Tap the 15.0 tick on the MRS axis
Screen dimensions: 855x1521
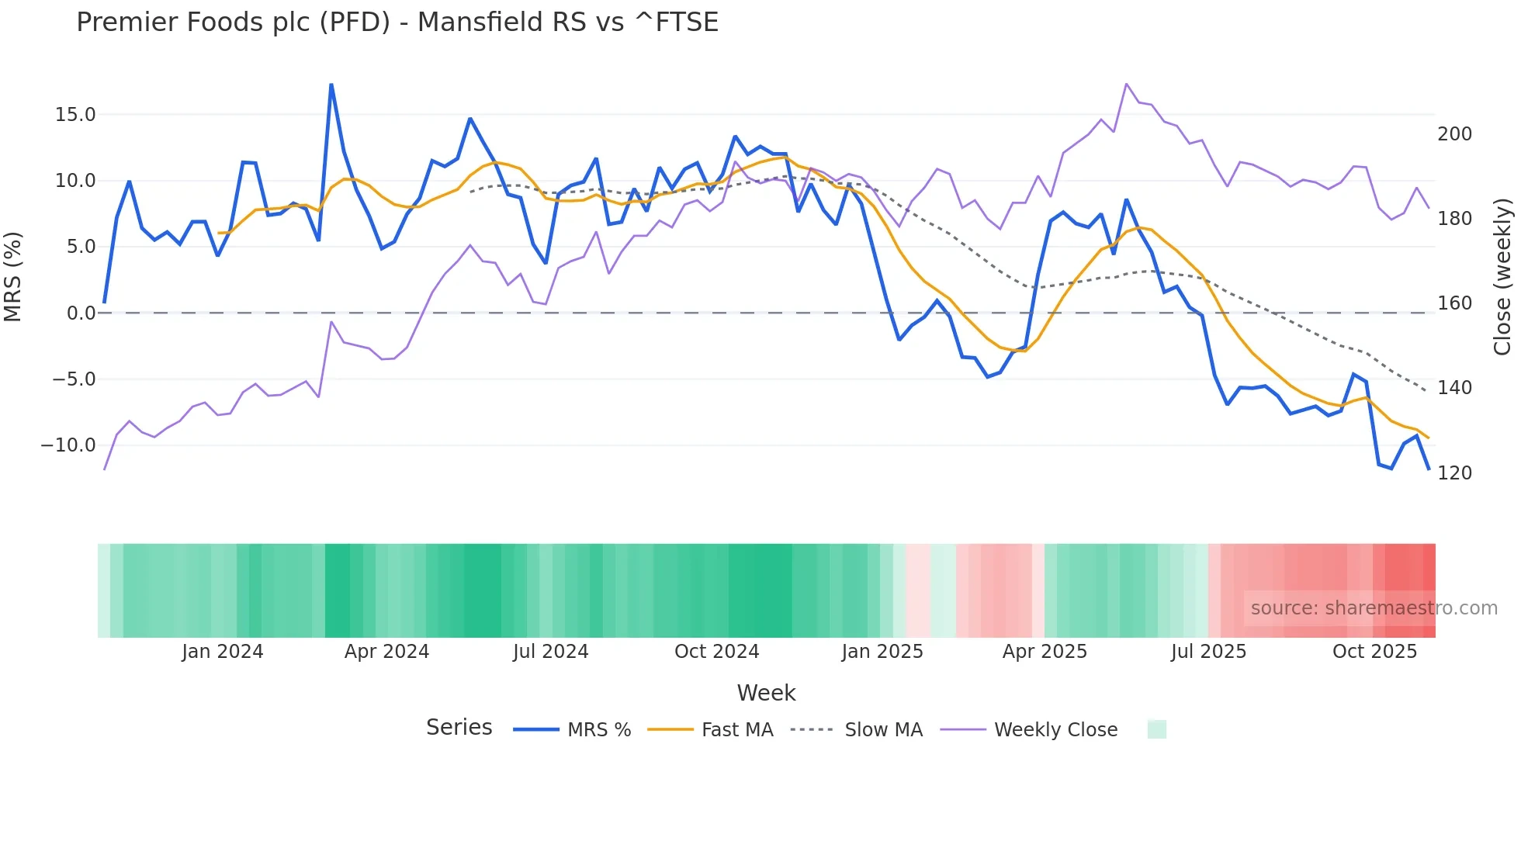tap(75, 115)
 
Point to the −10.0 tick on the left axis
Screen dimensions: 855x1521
tap(68, 445)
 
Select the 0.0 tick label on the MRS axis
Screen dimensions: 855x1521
tap(81, 313)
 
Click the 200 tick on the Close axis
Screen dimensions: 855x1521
tap(1454, 134)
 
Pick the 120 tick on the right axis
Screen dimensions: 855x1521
tap(1454, 473)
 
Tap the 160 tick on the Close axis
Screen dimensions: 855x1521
tap(1454, 303)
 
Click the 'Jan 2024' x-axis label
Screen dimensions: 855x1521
tap(223, 652)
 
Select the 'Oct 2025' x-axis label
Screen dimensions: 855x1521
tap(1374, 652)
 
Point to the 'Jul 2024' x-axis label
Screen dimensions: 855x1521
tap(551, 652)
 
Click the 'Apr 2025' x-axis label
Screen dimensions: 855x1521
tap(1045, 652)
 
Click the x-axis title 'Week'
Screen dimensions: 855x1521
tap(766, 693)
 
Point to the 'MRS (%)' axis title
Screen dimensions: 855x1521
tap(13, 277)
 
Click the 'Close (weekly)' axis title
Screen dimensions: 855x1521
tap(1502, 277)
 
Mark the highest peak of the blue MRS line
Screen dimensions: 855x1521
tap(331, 85)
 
